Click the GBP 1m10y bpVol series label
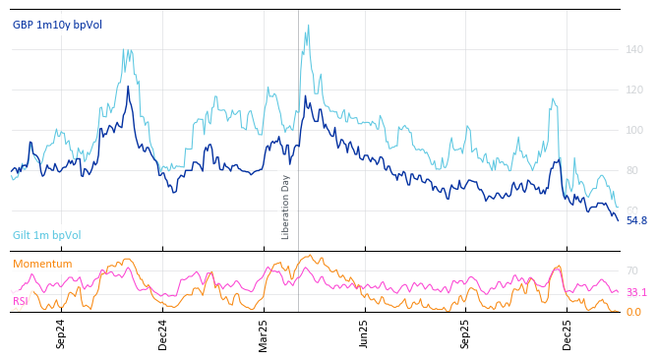click(57, 25)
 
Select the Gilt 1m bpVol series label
click(46, 236)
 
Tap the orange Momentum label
click(42, 264)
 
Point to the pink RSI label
click(21, 300)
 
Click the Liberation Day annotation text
click(286, 208)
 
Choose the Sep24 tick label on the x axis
click(61, 334)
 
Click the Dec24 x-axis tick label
click(162, 334)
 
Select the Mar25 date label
click(264, 334)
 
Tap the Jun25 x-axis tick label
click(364, 334)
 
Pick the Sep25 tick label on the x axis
click(465, 334)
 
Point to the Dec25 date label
click(567, 334)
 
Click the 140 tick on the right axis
click(635, 49)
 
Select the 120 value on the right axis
click(635, 90)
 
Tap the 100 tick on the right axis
click(635, 130)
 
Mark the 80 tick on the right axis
click(633, 170)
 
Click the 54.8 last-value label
click(636, 220)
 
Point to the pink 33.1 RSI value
click(636, 292)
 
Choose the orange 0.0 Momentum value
click(633, 312)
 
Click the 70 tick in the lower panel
click(632, 270)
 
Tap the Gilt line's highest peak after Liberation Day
click(308, 26)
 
